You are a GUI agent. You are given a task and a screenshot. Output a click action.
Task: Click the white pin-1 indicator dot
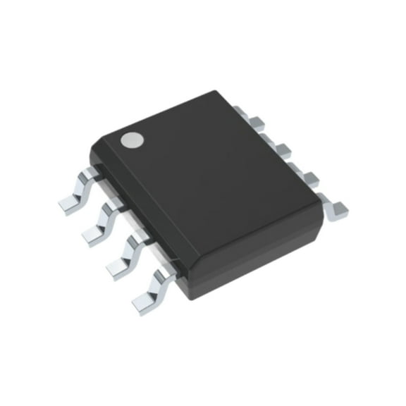click(x=130, y=140)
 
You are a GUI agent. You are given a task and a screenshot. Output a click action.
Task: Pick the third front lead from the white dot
click(x=118, y=264)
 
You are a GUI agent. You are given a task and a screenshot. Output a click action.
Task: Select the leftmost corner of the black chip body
click(x=91, y=149)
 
